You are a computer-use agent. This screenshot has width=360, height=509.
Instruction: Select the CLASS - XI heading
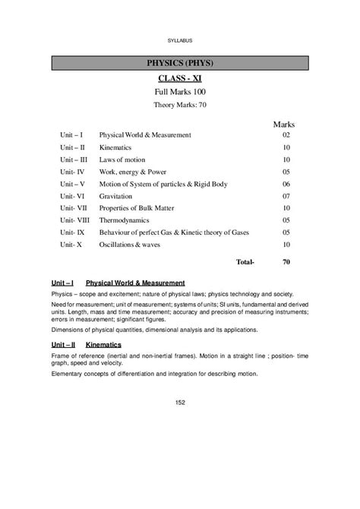180,78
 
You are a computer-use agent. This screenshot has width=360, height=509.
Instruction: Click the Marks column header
283,123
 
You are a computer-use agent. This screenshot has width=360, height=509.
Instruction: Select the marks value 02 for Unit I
286,134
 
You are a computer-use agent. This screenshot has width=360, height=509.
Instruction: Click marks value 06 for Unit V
286,184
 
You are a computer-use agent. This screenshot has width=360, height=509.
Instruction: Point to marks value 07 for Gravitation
286,196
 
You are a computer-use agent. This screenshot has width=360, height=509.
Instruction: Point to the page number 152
180,402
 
